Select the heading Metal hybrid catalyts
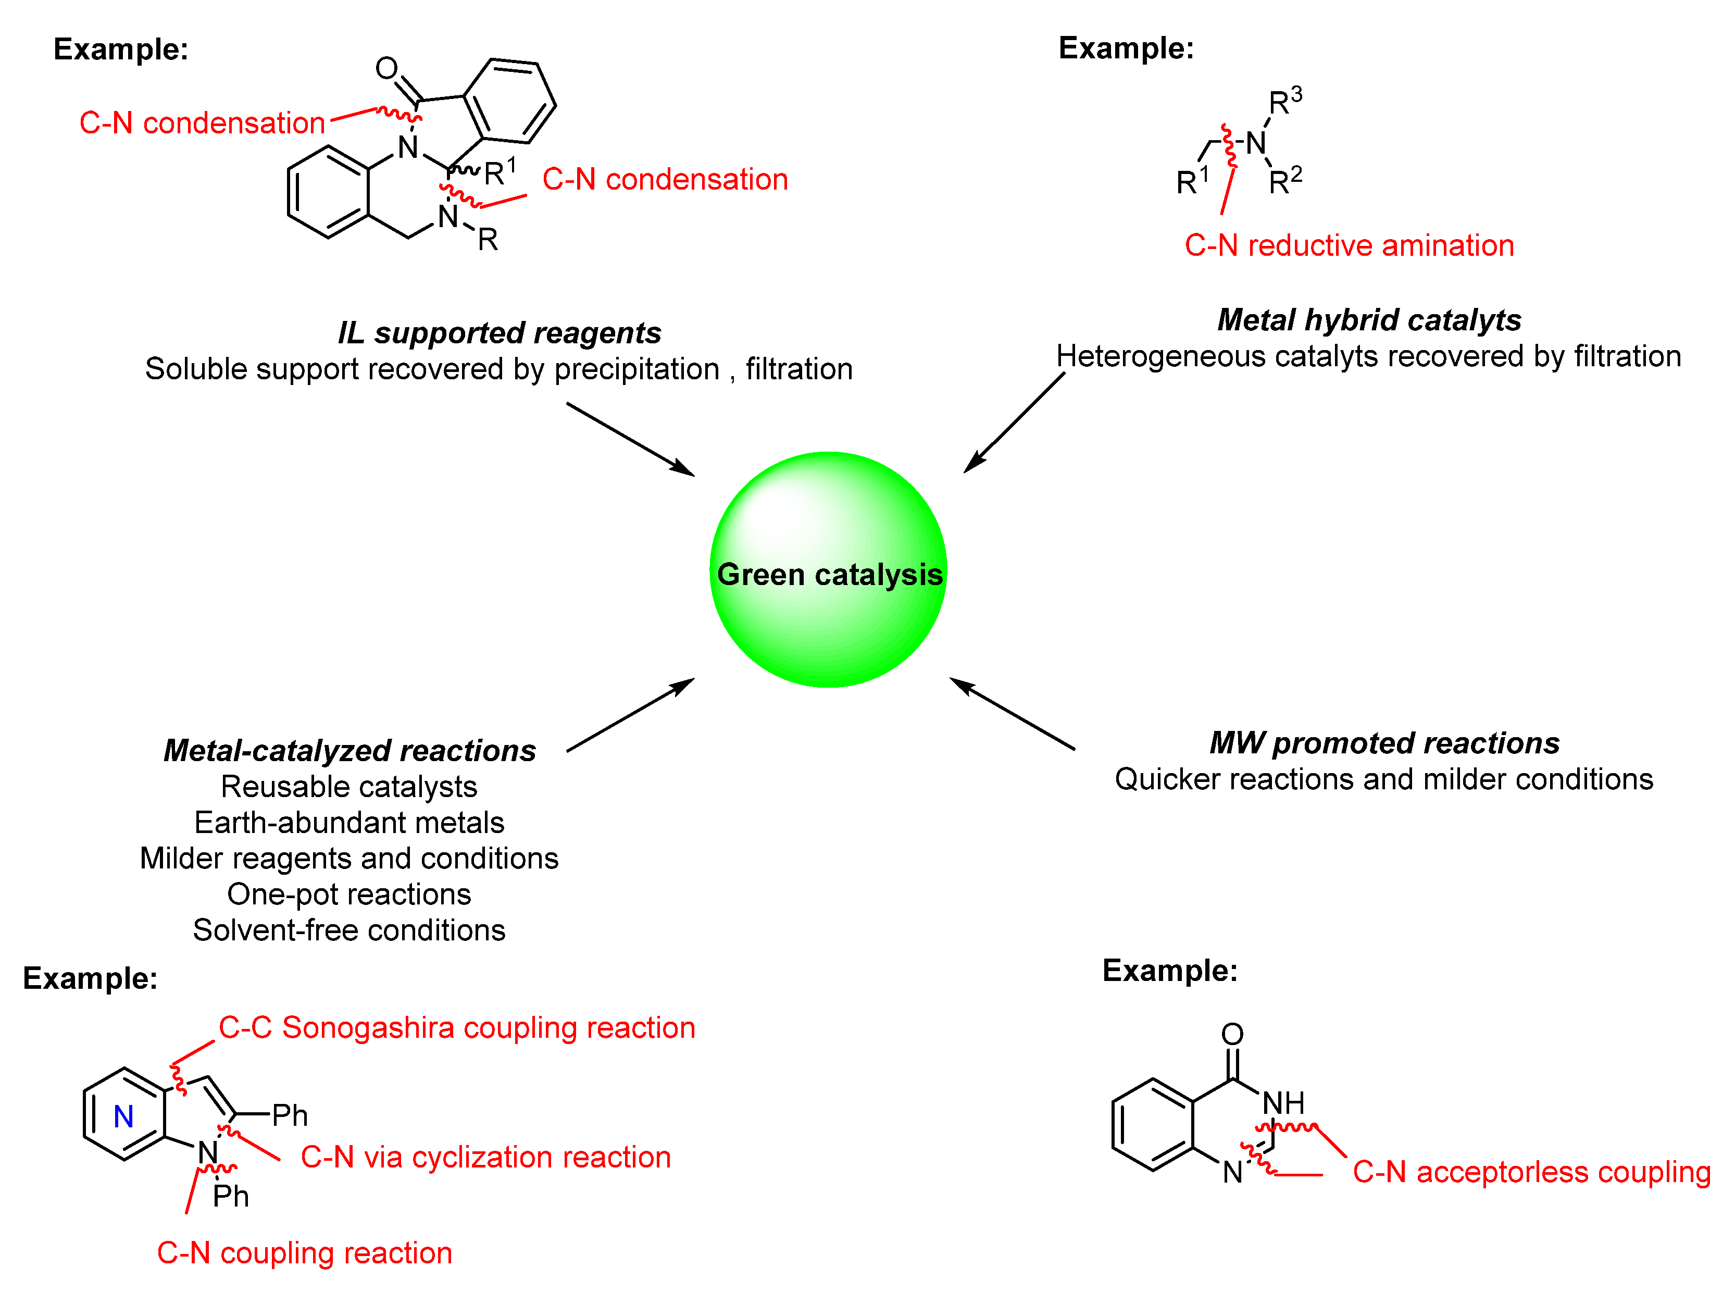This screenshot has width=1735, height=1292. pos(1368,320)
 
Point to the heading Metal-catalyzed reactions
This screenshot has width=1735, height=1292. pos(350,750)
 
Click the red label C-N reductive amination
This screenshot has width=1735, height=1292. pos(1348,245)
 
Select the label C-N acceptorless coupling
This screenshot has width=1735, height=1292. pos(1531,1172)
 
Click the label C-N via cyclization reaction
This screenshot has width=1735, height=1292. pos(485,1157)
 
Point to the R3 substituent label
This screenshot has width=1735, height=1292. pos(1284,101)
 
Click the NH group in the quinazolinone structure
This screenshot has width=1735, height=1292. pos(1283,1103)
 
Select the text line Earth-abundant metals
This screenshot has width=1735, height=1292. pos(349,822)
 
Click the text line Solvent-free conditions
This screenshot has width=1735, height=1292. pos(349,930)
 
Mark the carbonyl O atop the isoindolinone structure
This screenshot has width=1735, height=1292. pos(386,68)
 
